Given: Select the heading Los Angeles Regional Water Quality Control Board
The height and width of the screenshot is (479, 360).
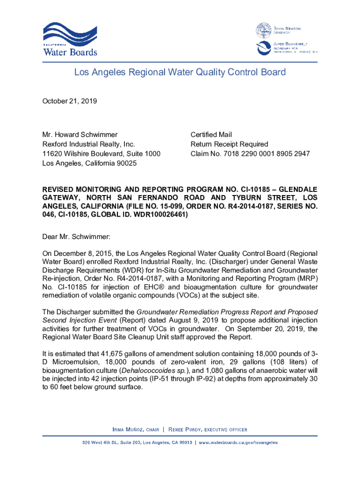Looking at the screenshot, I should click(x=180, y=73).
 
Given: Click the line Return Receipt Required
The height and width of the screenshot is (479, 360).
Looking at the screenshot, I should click(x=229, y=144).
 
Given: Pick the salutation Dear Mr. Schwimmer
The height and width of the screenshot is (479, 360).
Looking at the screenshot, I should click(x=76, y=237).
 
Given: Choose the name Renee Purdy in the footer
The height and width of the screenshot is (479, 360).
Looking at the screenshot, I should click(x=184, y=429).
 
